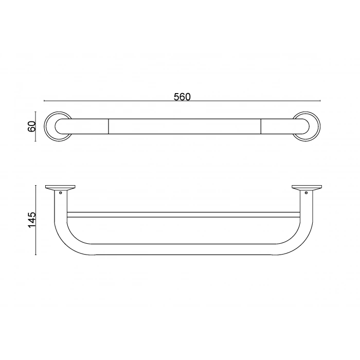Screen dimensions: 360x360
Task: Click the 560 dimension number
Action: [182, 97]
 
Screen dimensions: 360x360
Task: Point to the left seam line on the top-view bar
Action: [109, 126]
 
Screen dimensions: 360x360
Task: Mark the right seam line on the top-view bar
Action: [261, 126]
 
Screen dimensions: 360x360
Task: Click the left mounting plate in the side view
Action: [60, 187]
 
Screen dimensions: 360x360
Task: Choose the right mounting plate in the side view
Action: [306, 187]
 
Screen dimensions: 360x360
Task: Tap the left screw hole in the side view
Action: [61, 193]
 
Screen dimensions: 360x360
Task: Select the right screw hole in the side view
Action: [306, 193]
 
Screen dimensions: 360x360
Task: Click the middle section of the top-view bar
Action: [184, 126]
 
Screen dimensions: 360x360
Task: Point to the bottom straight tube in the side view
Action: [183, 249]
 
